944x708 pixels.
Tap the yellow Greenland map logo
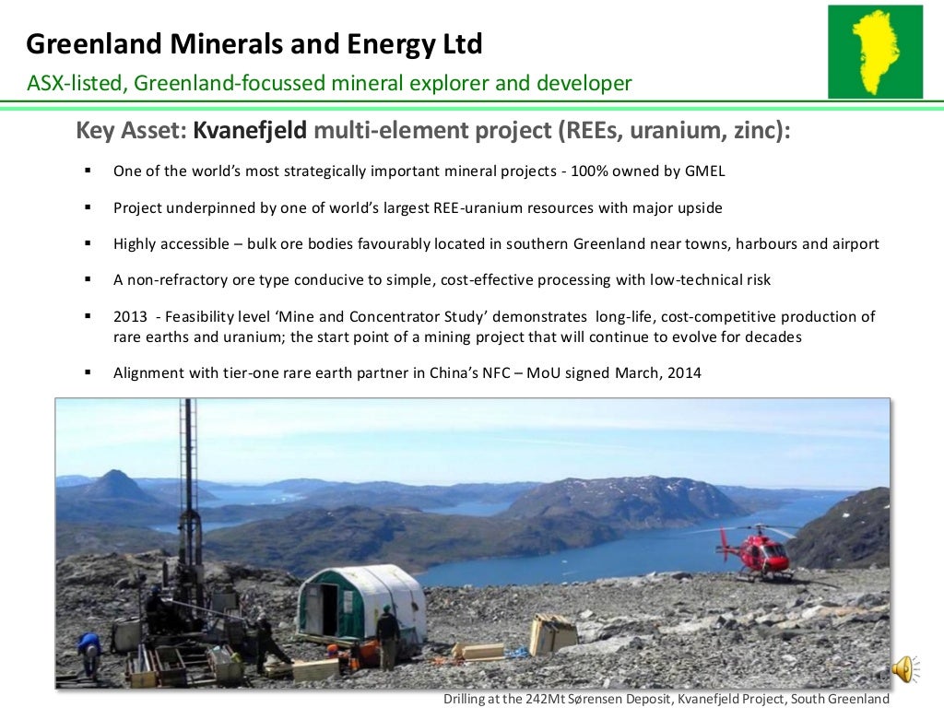[874, 52]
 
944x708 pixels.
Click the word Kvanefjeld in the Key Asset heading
[250, 132]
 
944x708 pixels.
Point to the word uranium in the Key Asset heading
[664, 132]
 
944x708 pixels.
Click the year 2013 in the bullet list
[130, 316]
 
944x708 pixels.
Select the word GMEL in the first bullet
[705, 171]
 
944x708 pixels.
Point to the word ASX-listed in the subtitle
[77, 84]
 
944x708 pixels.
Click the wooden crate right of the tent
[552, 634]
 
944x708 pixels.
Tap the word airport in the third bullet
[854, 244]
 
